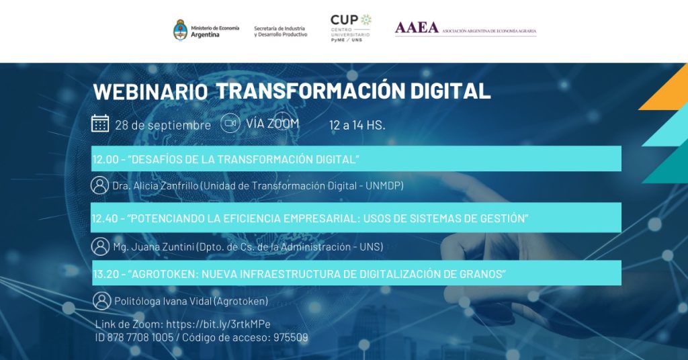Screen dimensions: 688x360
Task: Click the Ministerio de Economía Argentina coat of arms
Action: (x=180, y=30)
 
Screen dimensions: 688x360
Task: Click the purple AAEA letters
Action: (x=417, y=28)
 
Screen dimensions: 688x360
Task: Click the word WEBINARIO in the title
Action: (x=150, y=91)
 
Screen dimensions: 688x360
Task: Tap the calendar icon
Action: (x=100, y=123)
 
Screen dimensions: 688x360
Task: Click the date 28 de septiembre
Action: (x=163, y=125)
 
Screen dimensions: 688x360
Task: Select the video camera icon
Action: (x=230, y=123)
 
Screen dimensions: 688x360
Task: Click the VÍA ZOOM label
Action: (x=273, y=124)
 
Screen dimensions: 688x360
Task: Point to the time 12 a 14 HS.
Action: (x=357, y=126)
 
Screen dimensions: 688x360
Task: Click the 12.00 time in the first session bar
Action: (x=105, y=159)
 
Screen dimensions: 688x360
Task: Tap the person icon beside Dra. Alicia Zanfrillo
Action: (x=99, y=185)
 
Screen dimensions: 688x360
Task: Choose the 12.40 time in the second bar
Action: (x=105, y=218)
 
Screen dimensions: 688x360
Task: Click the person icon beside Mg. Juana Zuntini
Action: (x=100, y=246)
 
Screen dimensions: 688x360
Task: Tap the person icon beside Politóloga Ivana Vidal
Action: (x=102, y=301)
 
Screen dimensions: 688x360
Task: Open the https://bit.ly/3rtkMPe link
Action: (x=218, y=324)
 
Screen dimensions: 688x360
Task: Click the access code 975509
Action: (x=290, y=338)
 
